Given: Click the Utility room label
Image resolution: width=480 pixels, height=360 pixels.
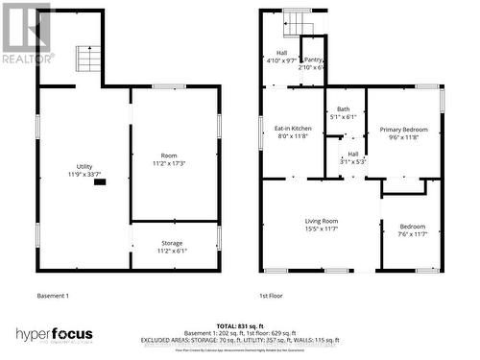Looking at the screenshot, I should (78, 165).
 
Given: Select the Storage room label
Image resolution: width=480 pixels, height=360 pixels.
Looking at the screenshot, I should (172, 243).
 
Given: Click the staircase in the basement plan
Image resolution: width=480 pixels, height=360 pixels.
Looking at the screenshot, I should (88, 60).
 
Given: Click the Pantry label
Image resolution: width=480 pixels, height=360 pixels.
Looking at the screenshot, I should (313, 59).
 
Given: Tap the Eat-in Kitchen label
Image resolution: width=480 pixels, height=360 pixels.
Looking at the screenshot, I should (293, 128).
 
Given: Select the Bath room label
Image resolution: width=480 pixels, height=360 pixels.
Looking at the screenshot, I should (343, 108).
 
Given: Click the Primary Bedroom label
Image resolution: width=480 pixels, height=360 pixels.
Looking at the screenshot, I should (403, 129).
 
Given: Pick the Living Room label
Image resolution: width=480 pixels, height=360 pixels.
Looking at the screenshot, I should (321, 220).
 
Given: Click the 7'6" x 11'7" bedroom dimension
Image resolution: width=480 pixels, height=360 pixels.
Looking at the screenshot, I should (412, 234).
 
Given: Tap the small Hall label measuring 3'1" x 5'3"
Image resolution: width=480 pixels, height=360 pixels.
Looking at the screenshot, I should (352, 154).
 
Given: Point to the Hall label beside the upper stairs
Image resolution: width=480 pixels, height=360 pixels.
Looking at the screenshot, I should (282, 53).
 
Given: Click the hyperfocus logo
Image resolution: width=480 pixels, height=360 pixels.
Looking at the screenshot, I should (54, 334).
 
